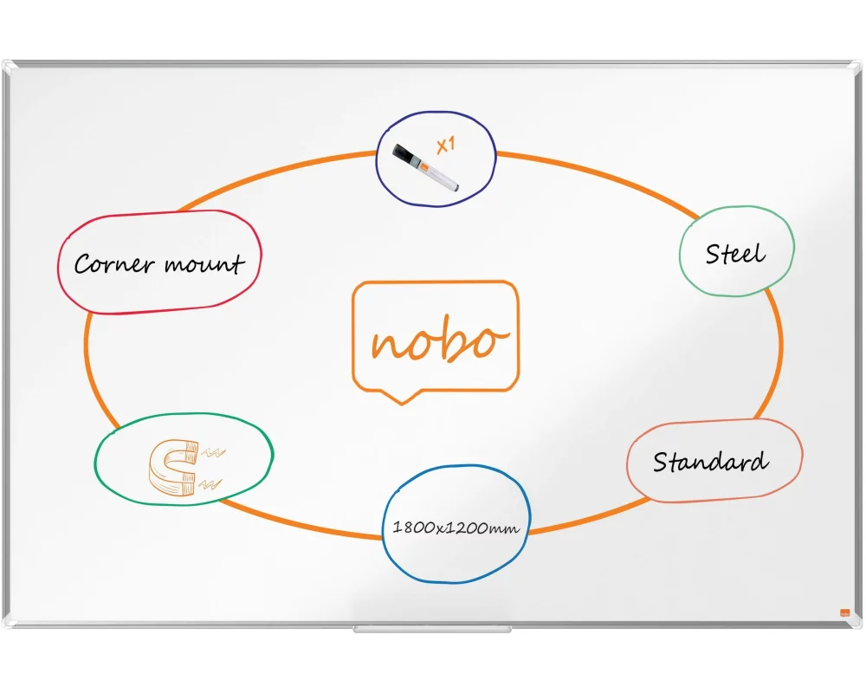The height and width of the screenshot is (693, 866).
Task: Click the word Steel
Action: (x=735, y=254)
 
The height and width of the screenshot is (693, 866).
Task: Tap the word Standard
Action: (x=710, y=462)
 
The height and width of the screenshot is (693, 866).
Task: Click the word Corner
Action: (x=114, y=264)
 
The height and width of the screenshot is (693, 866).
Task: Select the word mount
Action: (x=204, y=263)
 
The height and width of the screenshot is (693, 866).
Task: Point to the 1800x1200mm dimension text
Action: (x=456, y=528)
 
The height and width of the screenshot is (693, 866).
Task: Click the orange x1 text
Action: (x=446, y=146)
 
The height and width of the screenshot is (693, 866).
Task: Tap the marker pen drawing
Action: (x=425, y=167)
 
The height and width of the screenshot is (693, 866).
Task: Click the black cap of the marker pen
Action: (x=404, y=154)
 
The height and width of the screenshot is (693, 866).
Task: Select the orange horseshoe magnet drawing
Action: (x=173, y=467)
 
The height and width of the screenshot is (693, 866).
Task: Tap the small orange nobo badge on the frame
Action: (x=844, y=612)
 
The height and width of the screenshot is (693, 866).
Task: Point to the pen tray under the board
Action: (x=432, y=629)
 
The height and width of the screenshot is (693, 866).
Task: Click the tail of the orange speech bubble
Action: (x=402, y=397)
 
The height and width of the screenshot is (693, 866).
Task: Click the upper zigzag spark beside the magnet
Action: (x=213, y=453)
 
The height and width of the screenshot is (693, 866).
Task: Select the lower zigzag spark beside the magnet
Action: (x=210, y=484)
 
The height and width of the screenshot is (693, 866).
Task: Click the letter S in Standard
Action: (x=661, y=462)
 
